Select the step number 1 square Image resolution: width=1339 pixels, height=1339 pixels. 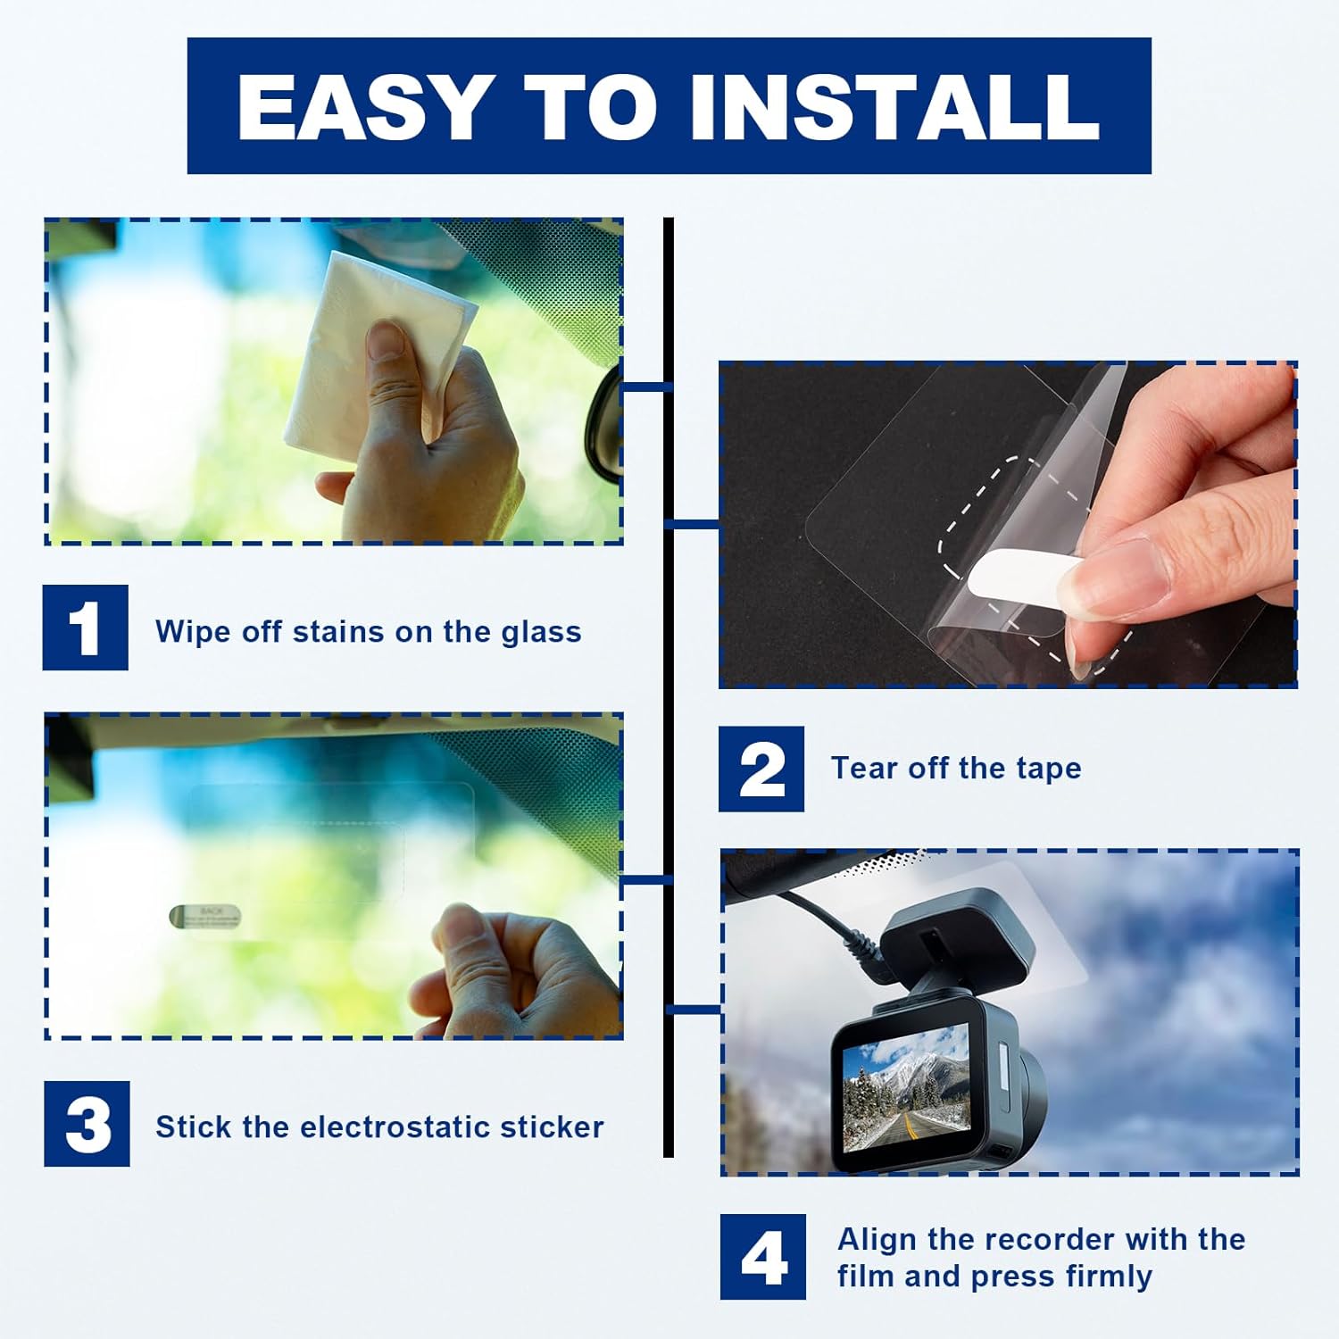pos(86,628)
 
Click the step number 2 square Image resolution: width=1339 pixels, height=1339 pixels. pos(761,769)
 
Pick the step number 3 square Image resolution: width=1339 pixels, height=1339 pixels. pos(87,1124)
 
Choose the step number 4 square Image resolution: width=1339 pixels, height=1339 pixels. pos(763,1257)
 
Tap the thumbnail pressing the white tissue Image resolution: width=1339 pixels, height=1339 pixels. pos(387,339)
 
